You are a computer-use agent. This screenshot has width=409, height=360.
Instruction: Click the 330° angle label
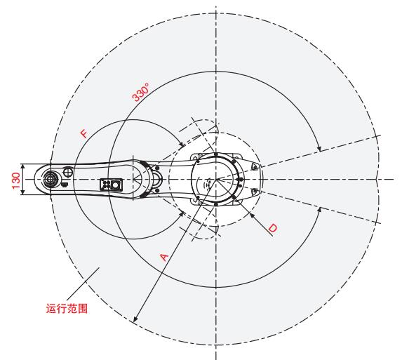[x=141, y=92]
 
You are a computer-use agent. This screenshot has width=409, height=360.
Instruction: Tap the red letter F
[x=83, y=133]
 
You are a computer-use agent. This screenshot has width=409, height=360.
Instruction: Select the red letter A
[x=163, y=257]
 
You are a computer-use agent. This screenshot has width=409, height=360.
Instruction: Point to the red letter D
[x=273, y=228]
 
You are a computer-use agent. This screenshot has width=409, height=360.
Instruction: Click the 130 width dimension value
[x=16, y=180]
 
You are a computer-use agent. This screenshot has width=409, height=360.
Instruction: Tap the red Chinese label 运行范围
[x=67, y=308]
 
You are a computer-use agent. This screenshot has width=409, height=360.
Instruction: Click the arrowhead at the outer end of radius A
[x=135, y=319]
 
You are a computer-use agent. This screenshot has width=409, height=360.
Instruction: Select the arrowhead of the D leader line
[x=252, y=215]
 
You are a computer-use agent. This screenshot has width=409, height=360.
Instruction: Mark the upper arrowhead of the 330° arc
[x=319, y=149]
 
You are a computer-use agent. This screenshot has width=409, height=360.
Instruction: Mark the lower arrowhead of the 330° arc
[x=319, y=211]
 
